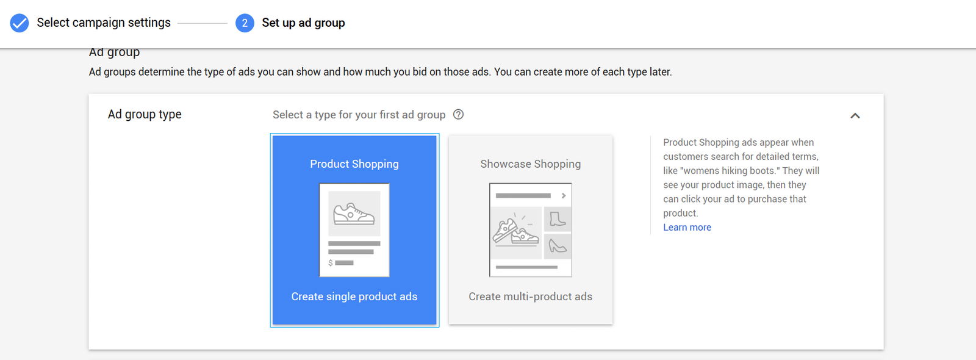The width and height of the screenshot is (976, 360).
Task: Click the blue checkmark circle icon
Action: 20,23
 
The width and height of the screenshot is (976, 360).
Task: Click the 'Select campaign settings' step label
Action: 104,23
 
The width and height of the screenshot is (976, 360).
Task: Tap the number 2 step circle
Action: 245,23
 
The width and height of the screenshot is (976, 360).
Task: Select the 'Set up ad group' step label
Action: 303,23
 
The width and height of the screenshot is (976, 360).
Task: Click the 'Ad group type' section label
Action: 145,114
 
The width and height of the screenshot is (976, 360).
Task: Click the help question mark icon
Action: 458,114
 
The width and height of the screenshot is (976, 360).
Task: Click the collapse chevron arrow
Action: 855,115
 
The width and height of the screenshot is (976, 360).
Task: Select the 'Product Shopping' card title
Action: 354,164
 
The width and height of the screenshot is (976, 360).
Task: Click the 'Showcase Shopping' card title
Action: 531,164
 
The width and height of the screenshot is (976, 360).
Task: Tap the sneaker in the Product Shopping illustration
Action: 354,214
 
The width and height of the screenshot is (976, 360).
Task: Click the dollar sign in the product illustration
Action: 331,263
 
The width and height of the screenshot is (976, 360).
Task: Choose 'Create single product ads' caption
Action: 354,297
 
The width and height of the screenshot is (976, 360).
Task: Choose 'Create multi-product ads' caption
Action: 531,297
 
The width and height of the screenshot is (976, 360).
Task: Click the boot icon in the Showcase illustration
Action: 558,219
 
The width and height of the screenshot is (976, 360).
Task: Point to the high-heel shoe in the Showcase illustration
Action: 558,247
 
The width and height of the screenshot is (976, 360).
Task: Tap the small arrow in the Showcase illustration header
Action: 564,196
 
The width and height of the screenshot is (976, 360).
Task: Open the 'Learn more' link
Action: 687,227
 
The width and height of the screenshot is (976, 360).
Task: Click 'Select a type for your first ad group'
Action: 359,115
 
